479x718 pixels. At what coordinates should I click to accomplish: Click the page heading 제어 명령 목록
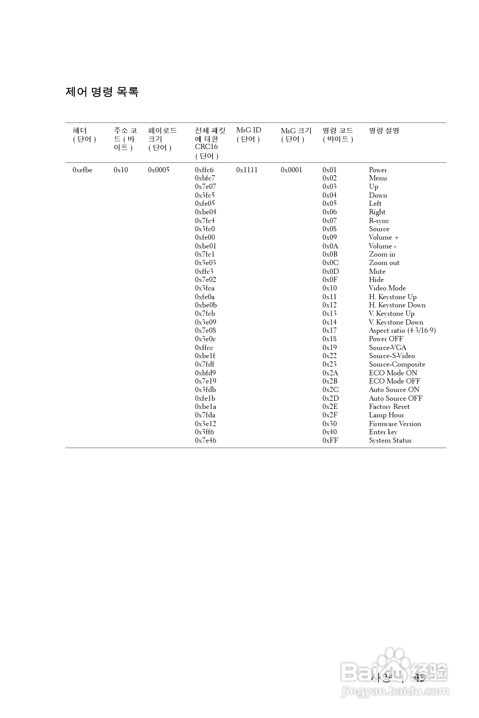click(x=102, y=92)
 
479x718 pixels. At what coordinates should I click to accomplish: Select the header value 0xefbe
click(x=82, y=170)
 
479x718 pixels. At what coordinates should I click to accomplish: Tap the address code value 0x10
click(x=121, y=170)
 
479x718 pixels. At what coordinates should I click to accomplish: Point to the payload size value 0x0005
click(x=158, y=170)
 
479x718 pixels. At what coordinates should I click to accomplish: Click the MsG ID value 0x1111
click(x=246, y=170)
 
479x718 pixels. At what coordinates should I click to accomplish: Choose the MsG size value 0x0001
click(x=291, y=170)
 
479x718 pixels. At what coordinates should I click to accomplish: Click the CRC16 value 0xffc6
click(x=204, y=170)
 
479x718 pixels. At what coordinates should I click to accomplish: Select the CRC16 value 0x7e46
click(x=205, y=441)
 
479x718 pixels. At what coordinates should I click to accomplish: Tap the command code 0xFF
click(x=330, y=441)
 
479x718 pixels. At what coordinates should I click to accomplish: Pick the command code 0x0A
click(x=330, y=246)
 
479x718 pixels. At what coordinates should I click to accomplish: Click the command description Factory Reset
click(x=389, y=407)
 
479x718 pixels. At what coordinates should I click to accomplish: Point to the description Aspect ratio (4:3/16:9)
click(x=402, y=331)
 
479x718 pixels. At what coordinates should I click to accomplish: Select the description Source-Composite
click(x=397, y=364)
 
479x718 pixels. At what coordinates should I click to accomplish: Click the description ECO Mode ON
click(x=393, y=373)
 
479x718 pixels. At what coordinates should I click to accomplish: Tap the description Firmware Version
click(x=395, y=424)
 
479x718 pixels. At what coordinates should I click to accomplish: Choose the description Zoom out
click(x=384, y=263)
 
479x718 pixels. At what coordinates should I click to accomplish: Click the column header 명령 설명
click(x=384, y=131)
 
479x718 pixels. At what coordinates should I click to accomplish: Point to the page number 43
click(x=419, y=678)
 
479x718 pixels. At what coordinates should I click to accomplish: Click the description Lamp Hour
click(x=386, y=415)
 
